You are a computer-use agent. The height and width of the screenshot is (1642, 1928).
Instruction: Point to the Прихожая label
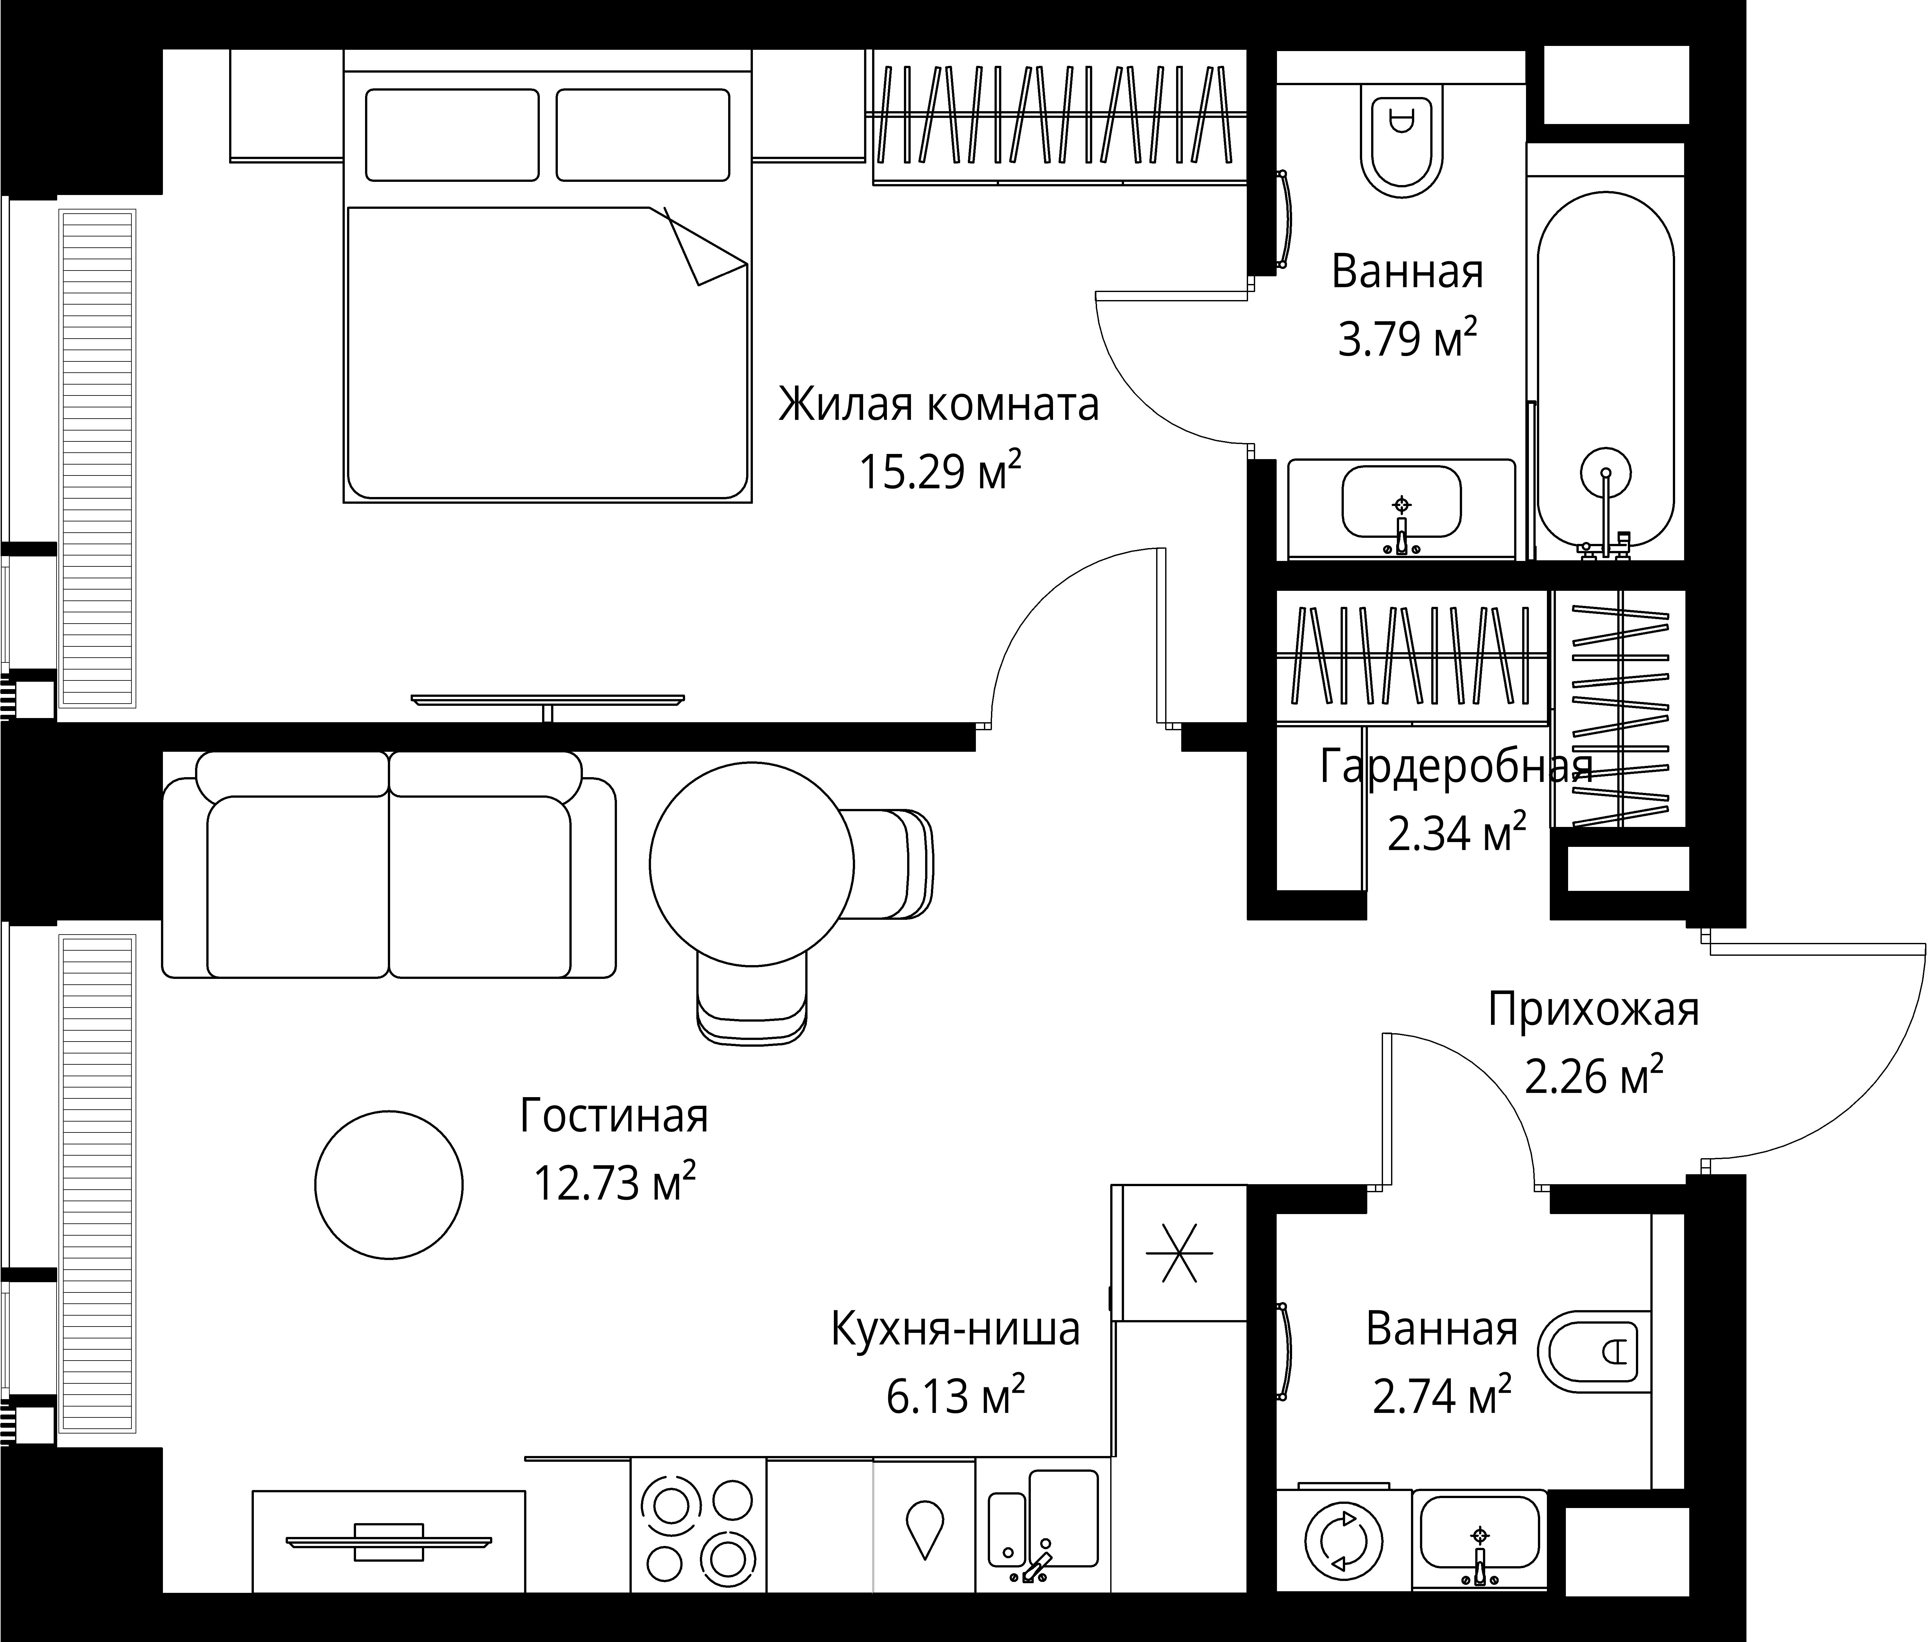(1593, 1009)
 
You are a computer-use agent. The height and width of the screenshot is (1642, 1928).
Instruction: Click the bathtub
(1605, 372)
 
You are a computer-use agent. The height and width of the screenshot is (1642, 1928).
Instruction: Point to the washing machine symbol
(1343, 1540)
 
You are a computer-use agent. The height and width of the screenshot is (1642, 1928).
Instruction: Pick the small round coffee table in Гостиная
(389, 1184)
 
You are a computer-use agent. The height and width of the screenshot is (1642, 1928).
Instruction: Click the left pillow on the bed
(452, 135)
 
